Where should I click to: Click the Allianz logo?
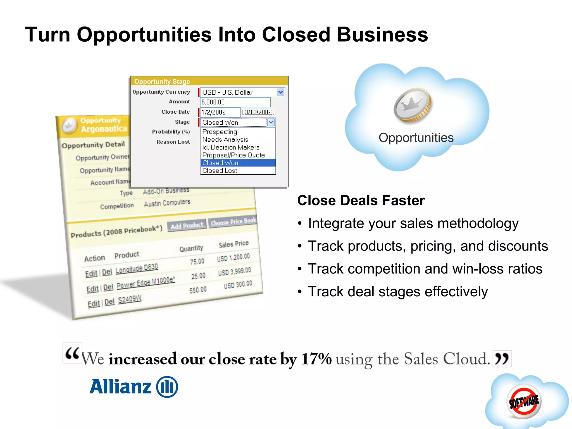[x=134, y=387]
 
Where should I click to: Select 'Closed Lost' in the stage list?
[x=220, y=171]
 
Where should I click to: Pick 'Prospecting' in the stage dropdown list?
[x=220, y=132]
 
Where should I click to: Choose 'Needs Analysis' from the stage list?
[x=225, y=140]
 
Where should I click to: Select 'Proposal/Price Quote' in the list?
[x=233, y=155]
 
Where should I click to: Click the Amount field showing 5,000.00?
[x=235, y=102]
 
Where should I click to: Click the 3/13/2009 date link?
[x=258, y=112]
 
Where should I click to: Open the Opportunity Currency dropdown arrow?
[x=280, y=92]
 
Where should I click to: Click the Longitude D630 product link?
[x=137, y=268]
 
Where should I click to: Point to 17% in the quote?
[x=316, y=359]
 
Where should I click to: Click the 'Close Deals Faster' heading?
[x=361, y=201]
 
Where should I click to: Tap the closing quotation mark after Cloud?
[x=502, y=359]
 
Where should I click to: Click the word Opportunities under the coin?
[x=416, y=138]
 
